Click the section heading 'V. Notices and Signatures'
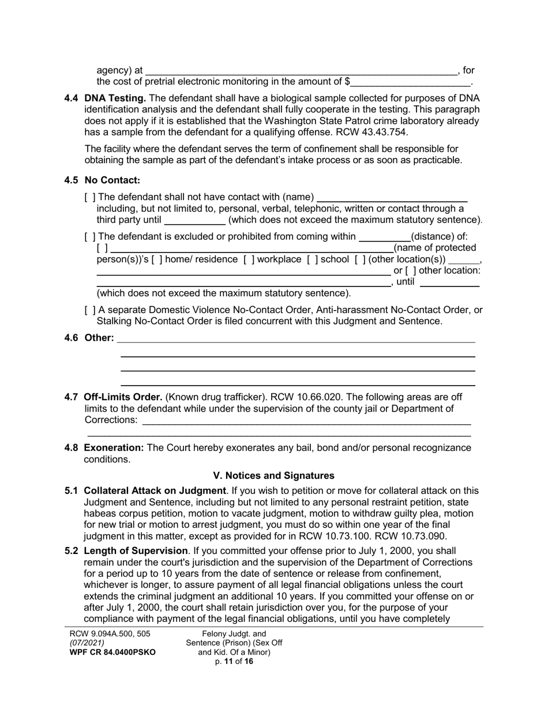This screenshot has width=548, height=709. pos(273,476)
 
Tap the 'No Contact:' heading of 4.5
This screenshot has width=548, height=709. pos(112,180)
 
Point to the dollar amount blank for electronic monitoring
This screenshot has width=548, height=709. pos(410,82)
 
